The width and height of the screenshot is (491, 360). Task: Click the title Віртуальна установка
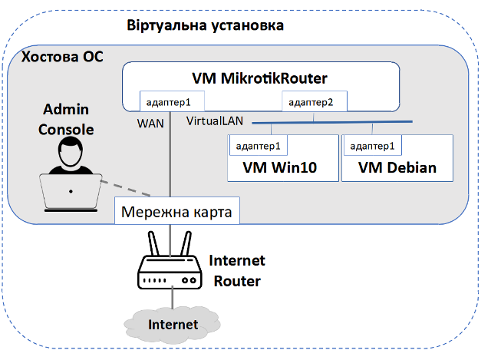tap(205, 26)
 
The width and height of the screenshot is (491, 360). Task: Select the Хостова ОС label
tap(61, 58)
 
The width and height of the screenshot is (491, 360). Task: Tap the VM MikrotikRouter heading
tap(259, 78)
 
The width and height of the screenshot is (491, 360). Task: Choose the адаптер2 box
tap(315, 102)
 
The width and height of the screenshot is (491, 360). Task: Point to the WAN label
tap(150, 123)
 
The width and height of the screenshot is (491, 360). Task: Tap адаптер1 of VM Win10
tap(258, 145)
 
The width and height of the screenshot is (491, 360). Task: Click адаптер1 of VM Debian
tap(371, 145)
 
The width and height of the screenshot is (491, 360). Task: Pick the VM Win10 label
tap(280, 167)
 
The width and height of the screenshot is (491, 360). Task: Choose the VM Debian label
tap(397, 167)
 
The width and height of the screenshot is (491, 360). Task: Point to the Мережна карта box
tap(176, 210)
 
